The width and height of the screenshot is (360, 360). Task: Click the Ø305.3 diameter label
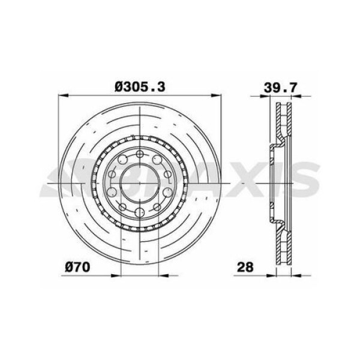tap(140, 87)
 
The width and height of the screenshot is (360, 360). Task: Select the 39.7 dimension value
tap(280, 88)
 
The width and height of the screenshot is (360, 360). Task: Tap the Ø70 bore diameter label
tap(77, 267)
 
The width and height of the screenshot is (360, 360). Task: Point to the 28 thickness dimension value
tap(245, 267)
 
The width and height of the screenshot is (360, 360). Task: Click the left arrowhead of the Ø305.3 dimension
tap(64, 95)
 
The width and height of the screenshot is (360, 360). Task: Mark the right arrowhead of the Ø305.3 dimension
tap(216, 95)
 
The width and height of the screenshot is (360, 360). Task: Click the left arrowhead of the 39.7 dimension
tap(264, 97)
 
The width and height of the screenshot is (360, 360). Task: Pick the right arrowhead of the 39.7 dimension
tap(296, 97)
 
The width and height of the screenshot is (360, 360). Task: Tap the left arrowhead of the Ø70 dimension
tap(116, 275)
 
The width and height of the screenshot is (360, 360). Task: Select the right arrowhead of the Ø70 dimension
tap(163, 275)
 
